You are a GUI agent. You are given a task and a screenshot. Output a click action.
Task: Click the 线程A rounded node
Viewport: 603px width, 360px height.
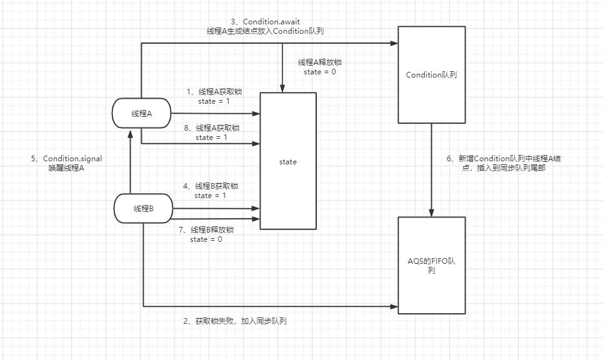[142, 113]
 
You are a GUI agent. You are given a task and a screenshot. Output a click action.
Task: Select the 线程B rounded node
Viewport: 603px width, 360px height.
[143, 209]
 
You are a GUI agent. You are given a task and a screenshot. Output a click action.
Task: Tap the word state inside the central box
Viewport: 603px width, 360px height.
[288, 162]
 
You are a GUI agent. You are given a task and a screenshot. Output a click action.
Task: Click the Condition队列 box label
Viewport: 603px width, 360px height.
[431, 75]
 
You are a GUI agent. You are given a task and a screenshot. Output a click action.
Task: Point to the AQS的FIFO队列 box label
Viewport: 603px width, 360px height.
[431, 264]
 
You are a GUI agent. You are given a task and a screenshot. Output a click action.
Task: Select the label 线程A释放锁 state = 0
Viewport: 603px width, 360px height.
[320, 67]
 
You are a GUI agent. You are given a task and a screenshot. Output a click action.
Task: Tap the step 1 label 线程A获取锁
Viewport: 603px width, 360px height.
[214, 92]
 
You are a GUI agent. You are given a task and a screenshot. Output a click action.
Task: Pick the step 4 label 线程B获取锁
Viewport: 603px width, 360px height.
[211, 186]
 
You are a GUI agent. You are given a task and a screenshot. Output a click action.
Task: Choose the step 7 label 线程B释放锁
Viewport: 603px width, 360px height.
[206, 229]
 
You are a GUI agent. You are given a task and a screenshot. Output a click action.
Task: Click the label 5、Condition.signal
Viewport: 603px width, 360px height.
[66, 159]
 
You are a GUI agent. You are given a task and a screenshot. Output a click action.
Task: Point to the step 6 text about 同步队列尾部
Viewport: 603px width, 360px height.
[504, 164]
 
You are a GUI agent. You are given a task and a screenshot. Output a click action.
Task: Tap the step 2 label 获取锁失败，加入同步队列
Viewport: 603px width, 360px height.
[235, 321]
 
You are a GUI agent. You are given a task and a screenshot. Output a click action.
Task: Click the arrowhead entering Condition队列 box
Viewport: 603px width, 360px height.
[395, 43]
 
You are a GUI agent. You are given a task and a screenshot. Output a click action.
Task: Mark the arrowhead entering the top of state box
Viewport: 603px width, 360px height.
[284, 88]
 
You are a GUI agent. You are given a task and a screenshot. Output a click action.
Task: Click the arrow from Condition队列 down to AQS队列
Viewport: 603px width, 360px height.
[431, 169]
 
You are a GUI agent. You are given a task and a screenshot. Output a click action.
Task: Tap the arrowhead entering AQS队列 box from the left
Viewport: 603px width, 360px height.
[395, 306]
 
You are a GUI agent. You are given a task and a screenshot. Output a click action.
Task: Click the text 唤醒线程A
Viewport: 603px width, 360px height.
[66, 168]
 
